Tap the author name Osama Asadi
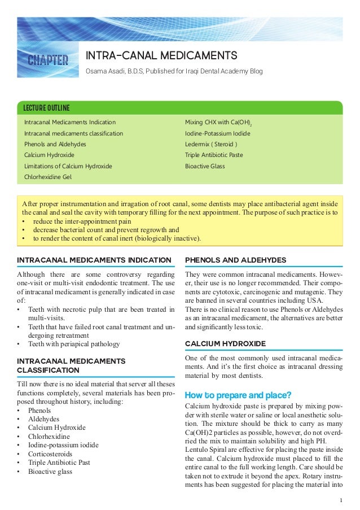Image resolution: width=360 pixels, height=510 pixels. pos(103,72)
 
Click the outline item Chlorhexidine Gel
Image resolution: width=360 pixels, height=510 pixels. pos(48,177)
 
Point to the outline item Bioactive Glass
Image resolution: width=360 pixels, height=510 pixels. pos(205,166)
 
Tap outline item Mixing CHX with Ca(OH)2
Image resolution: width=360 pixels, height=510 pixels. pos(218,123)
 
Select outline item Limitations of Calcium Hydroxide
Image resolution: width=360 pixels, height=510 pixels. pos(68,166)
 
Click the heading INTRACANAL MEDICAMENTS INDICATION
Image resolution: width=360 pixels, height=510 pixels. pos(94,260)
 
